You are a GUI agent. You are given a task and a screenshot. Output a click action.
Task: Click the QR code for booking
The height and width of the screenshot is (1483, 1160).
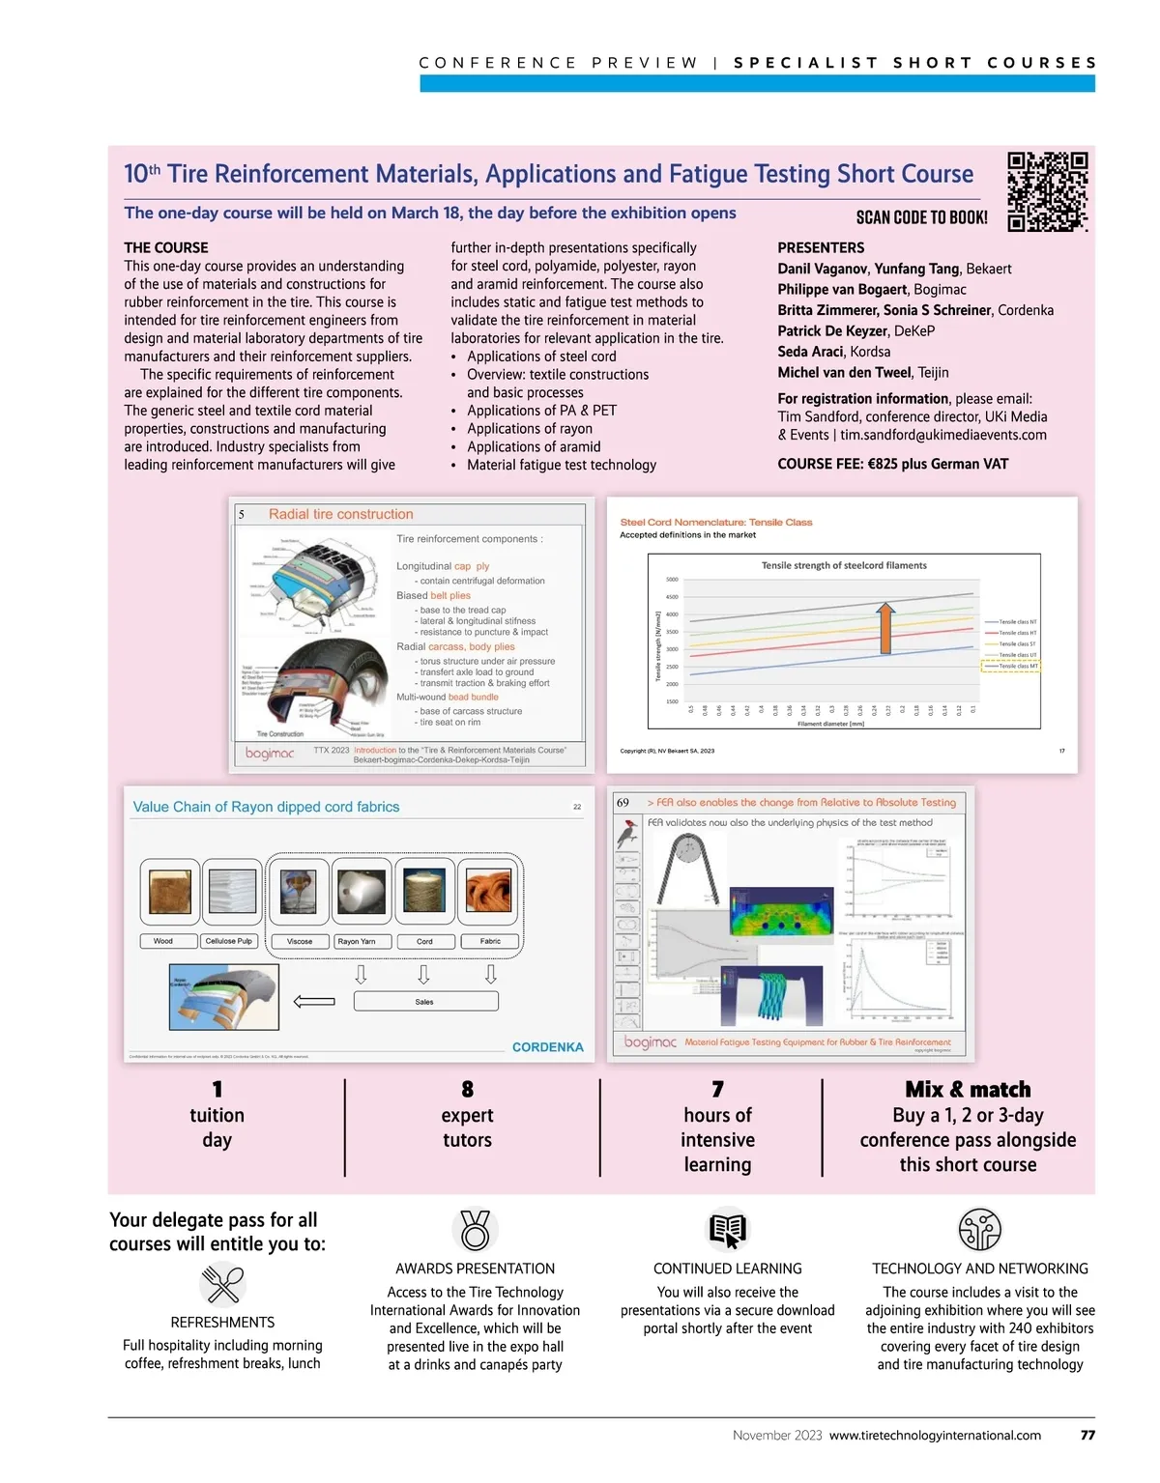[1048, 191]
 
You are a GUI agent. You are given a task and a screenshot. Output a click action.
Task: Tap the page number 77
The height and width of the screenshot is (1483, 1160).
[1087, 1435]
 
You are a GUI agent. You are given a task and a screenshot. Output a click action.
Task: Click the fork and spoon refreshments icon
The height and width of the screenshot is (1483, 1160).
[223, 1285]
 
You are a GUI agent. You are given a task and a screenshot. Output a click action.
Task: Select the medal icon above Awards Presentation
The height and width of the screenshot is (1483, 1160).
[475, 1230]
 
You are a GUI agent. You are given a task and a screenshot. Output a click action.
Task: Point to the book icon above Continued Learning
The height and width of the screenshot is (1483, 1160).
[727, 1230]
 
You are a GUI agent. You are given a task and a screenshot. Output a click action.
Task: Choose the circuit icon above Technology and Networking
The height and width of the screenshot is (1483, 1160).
[979, 1230]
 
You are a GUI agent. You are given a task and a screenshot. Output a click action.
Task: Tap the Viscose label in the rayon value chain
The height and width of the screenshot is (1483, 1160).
[299, 941]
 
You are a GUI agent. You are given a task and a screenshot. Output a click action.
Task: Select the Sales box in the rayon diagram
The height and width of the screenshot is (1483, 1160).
[425, 1002]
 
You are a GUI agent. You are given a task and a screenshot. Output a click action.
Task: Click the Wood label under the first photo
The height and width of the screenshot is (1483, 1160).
[163, 941]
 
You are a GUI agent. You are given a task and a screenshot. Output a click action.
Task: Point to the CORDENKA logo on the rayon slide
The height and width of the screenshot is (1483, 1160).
[547, 1047]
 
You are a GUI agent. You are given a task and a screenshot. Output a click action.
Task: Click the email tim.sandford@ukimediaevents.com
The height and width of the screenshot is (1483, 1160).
[943, 435]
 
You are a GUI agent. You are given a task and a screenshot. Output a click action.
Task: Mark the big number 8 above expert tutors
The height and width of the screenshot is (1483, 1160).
[467, 1089]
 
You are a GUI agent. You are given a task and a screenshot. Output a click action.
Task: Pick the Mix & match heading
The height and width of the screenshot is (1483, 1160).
[968, 1089]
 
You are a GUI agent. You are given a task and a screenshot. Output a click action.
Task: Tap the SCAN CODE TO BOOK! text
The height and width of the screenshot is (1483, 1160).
[921, 217]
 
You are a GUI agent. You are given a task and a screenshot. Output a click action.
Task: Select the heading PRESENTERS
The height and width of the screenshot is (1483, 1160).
[821, 247]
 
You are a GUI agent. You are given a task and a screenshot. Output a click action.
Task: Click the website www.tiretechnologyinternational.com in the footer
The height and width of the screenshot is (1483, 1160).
[935, 1435]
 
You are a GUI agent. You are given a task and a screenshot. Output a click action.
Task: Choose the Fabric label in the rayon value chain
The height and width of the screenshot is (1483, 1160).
[490, 941]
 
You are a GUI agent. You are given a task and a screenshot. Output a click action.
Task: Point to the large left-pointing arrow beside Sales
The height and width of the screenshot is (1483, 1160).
[314, 1002]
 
